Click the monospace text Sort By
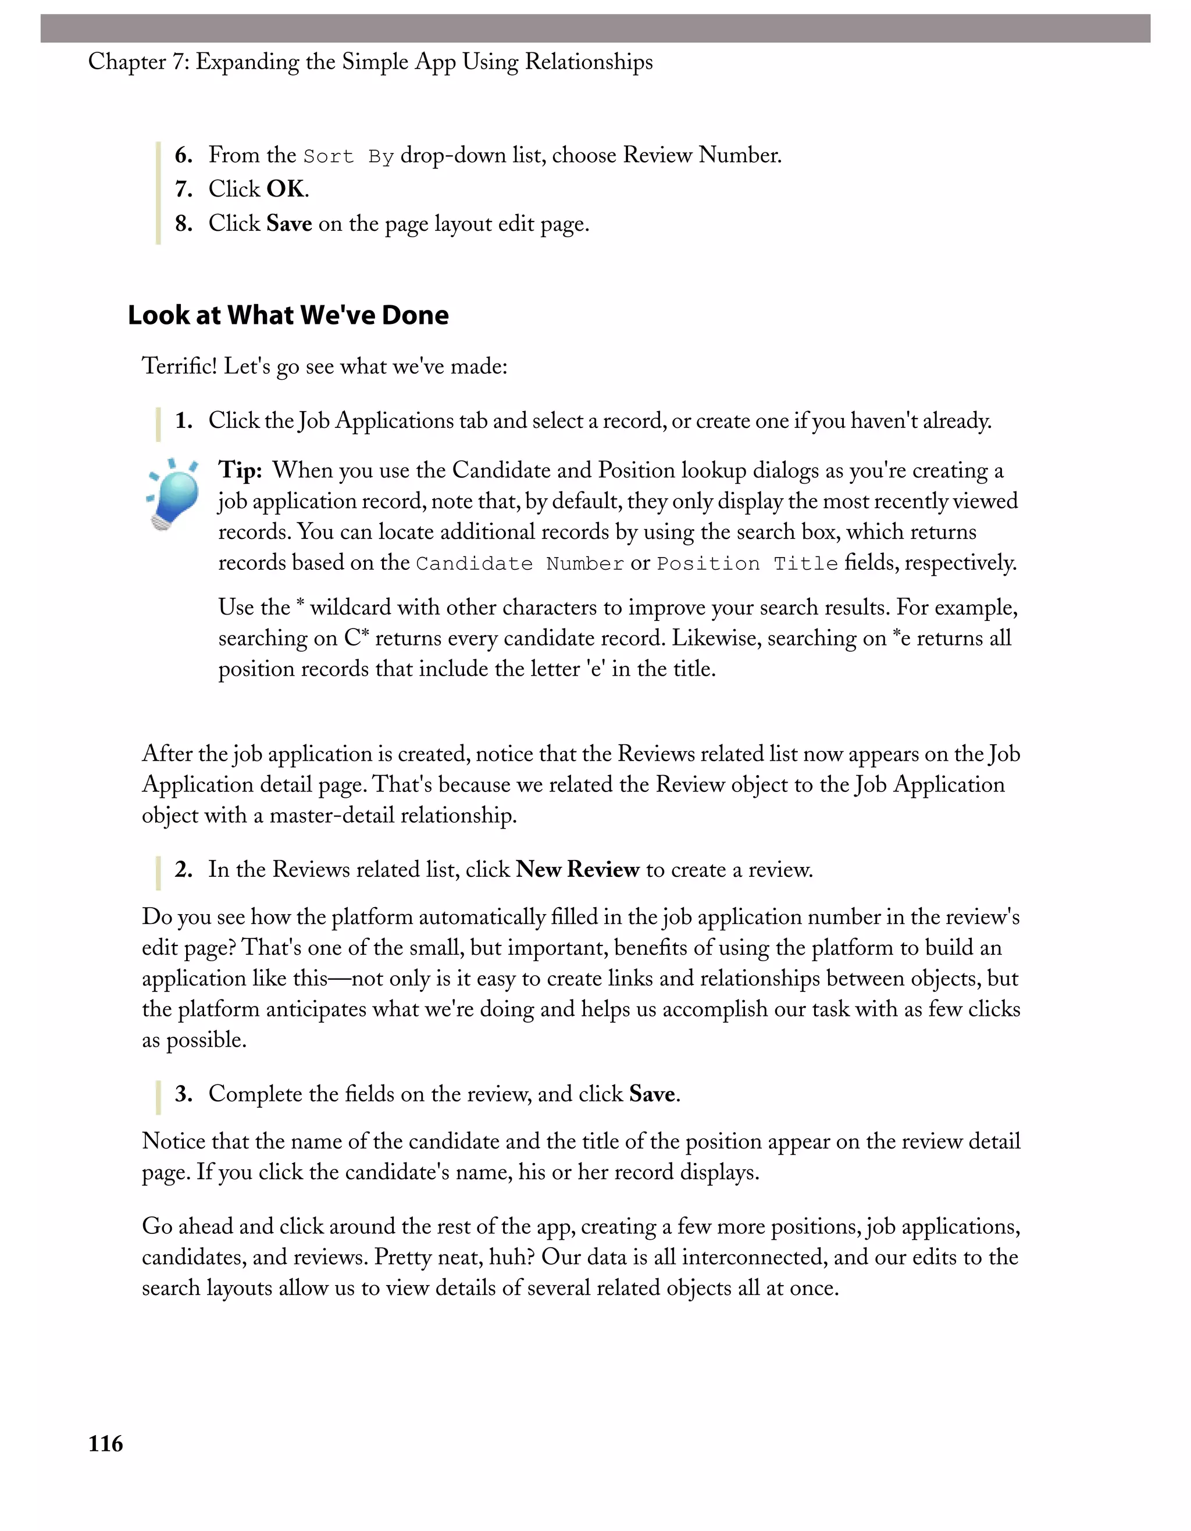pos(348,156)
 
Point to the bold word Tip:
pos(240,470)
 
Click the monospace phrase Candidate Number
pos(519,563)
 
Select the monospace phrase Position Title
pos(747,563)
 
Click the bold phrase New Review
pos(577,869)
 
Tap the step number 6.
pos(184,155)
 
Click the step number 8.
pos(184,224)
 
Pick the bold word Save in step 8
pos(289,224)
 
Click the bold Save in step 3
pos(652,1094)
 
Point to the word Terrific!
pos(180,366)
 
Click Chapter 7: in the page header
pos(138,62)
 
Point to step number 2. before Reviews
pos(184,869)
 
